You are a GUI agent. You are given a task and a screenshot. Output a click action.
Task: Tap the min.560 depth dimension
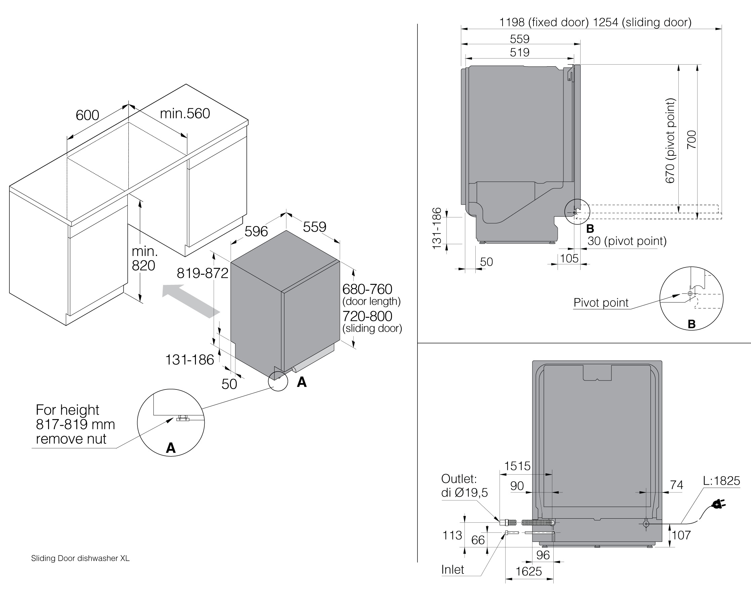coord(185,114)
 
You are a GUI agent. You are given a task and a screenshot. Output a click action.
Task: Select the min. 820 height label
coord(144,258)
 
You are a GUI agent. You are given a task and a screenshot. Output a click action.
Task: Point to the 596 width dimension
coord(256,231)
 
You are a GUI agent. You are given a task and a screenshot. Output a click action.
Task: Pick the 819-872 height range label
coord(202,273)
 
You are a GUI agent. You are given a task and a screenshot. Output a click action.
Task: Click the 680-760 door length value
coord(367,289)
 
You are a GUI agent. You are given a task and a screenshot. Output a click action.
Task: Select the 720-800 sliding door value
coord(367,316)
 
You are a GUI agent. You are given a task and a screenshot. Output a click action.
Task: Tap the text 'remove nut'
coord(71,439)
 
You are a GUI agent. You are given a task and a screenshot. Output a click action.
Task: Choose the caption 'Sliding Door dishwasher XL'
coord(80,558)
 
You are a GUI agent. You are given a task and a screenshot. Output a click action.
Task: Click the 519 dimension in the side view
coord(520,52)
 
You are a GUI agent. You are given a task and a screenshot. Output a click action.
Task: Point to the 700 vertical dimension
coord(691,140)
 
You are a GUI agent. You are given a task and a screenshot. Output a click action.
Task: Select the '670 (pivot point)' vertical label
coord(670,141)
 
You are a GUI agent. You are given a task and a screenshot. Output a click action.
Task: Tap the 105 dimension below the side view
coord(569,258)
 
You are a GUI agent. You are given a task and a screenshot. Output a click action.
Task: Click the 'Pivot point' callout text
coord(601,303)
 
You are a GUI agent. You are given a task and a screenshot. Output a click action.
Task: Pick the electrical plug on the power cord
coord(719,504)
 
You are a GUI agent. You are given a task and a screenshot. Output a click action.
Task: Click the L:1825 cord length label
coord(721,481)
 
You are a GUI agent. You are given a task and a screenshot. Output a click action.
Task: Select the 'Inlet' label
coord(452,570)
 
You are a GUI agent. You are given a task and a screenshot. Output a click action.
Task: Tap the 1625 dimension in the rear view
coord(528,571)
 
